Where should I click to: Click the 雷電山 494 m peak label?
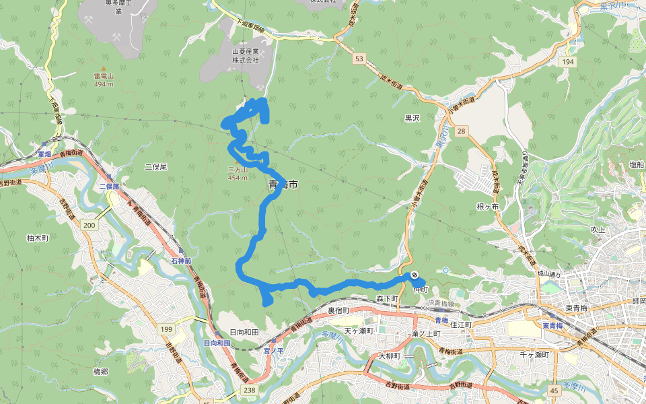click(x=103, y=80)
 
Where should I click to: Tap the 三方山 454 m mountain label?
click(x=238, y=174)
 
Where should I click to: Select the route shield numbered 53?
click(x=359, y=59)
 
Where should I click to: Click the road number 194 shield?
click(x=569, y=61)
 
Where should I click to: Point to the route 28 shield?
click(x=460, y=130)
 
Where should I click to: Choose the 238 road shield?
click(x=250, y=390)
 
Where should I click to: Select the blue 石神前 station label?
click(x=182, y=261)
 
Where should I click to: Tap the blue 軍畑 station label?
click(x=44, y=154)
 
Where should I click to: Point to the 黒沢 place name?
click(x=412, y=117)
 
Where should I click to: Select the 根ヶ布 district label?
click(x=487, y=207)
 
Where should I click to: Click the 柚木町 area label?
click(x=38, y=238)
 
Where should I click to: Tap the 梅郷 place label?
click(x=101, y=371)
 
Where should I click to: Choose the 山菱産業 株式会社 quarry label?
click(x=246, y=55)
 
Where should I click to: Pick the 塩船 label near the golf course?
click(x=637, y=164)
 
